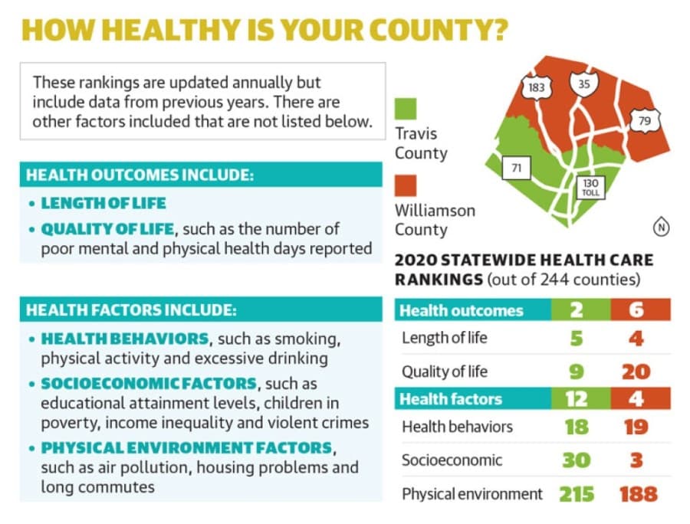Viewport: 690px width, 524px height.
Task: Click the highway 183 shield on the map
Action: point(536,87)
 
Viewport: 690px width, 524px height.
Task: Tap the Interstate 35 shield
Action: point(584,83)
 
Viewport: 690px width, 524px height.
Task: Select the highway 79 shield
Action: point(644,120)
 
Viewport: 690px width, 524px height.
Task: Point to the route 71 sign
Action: point(517,168)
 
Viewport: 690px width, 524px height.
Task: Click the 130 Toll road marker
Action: point(590,187)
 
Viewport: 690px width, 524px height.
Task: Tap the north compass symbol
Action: point(661,228)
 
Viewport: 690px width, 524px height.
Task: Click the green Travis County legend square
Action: point(406,109)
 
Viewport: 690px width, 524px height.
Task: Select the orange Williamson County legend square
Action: point(406,185)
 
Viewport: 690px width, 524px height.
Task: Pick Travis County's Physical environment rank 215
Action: point(577,494)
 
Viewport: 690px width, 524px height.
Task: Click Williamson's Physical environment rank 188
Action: point(639,494)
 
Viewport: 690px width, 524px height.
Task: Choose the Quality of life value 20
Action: point(636,372)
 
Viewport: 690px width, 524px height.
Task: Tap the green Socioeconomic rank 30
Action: point(577,460)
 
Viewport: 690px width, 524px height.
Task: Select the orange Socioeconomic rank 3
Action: point(637,460)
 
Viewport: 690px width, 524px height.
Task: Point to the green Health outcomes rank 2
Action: point(577,310)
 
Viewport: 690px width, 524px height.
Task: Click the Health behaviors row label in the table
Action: point(457,427)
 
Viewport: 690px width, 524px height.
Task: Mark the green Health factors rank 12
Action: point(577,398)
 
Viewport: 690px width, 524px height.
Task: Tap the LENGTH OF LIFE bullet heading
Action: point(103,203)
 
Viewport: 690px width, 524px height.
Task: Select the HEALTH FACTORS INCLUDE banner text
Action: point(131,310)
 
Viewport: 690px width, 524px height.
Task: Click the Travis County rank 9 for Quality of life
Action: point(577,372)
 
